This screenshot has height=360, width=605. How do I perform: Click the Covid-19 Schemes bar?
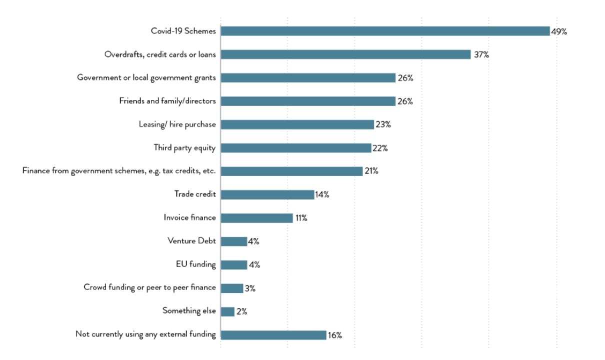pyautogui.click(x=385, y=31)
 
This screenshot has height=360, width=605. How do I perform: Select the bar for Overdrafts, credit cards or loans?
pyautogui.click(x=345, y=54)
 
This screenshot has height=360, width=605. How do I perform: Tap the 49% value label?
pyautogui.click(x=559, y=31)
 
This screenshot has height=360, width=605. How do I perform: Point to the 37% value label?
pyautogui.click(x=481, y=55)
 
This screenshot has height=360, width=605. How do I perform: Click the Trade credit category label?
pyautogui.click(x=195, y=194)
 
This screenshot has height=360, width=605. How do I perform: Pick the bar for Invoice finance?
pyautogui.click(x=256, y=218)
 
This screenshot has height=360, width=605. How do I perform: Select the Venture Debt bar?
pyautogui.click(x=233, y=241)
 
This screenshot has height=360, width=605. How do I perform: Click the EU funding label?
pyautogui.click(x=195, y=264)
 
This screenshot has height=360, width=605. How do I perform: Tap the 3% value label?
pyautogui.click(x=250, y=288)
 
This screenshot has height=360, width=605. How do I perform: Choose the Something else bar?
pyautogui.click(x=227, y=311)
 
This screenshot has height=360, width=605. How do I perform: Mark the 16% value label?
pyautogui.click(x=335, y=335)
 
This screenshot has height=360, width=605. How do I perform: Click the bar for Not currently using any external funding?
pyautogui.click(x=273, y=335)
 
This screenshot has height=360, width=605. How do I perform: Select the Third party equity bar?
pyautogui.click(x=295, y=148)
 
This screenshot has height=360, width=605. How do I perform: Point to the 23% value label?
pyautogui.click(x=383, y=124)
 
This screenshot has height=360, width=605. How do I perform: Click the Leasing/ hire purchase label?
pyautogui.click(x=177, y=124)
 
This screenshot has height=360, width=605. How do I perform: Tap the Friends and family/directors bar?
pyautogui.click(x=308, y=101)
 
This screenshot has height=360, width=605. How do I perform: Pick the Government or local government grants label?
pyautogui.click(x=146, y=77)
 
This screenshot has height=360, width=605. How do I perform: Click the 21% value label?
pyautogui.click(x=371, y=171)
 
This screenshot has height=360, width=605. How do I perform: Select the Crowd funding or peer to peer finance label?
pyautogui.click(x=149, y=287)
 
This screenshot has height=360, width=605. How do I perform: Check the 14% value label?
pyautogui.click(x=322, y=195)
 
